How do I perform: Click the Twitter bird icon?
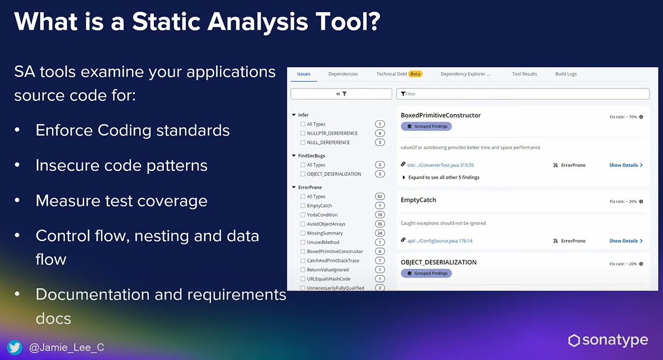(15, 347)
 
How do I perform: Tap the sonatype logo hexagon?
(574, 340)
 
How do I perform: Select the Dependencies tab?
(343, 74)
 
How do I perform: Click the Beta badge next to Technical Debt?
(415, 74)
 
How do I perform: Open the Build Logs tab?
(566, 74)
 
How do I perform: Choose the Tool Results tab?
(524, 74)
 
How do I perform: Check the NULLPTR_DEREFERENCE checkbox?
(303, 133)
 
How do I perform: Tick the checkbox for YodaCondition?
(303, 215)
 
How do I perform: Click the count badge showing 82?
(380, 197)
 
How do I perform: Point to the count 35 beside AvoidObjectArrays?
(380, 224)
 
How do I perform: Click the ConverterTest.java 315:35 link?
(440, 165)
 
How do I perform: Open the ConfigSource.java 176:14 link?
(440, 241)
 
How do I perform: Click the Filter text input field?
(523, 94)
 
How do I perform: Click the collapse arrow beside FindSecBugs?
(294, 156)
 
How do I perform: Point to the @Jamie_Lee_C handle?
(67, 348)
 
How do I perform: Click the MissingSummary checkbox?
(303, 233)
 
